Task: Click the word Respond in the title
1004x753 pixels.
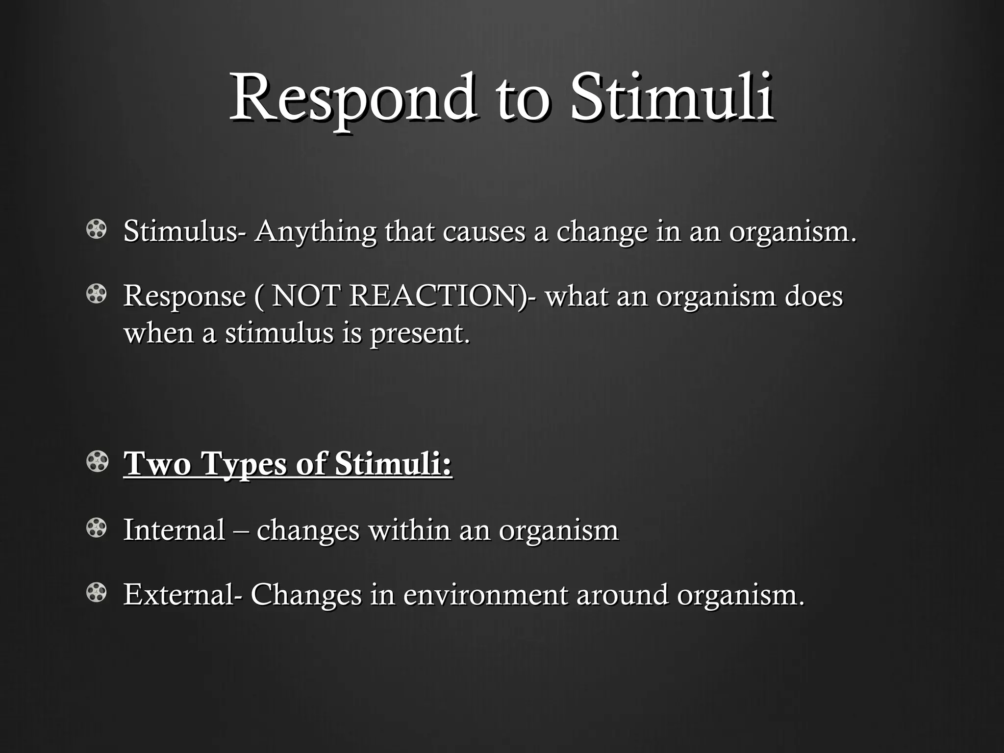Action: click(352, 98)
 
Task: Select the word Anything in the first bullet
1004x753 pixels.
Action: click(315, 232)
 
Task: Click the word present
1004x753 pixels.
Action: click(420, 333)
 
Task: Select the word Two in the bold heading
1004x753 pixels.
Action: click(157, 463)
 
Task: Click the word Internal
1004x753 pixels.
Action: click(174, 530)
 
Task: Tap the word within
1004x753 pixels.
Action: click(409, 530)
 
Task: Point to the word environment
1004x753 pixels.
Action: click(485, 595)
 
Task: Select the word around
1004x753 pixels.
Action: click(622, 595)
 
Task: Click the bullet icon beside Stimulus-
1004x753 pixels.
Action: click(96, 230)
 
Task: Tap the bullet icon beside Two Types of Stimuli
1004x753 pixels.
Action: click(96, 462)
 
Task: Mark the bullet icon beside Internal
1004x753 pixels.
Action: click(96, 528)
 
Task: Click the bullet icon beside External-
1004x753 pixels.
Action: click(96, 593)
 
